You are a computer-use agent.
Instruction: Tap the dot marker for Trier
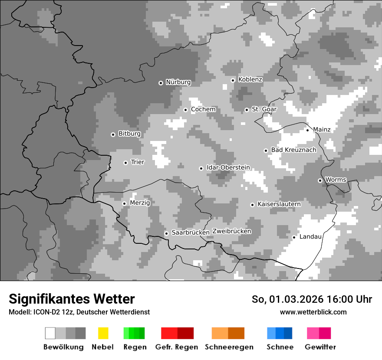[125, 163]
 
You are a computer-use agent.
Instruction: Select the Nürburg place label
[178, 82]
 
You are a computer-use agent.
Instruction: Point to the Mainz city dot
[307, 130]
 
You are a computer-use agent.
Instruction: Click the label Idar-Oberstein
[228, 167]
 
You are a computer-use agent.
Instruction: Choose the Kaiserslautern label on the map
[279, 204]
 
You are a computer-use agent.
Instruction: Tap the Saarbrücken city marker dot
[166, 233]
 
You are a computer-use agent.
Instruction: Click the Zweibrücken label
[231, 231]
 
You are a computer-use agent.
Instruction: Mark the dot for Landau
[294, 237]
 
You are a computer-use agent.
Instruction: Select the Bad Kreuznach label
[293, 150]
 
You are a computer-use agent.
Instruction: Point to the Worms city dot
[320, 180]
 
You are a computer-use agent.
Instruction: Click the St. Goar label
[264, 109]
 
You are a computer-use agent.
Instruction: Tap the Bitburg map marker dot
[113, 134]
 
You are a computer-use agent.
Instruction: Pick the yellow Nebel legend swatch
[103, 333]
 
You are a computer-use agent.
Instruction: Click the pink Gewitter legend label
[320, 347]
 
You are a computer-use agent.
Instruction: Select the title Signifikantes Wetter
[72, 299]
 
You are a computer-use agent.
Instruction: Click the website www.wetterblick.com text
[313, 312]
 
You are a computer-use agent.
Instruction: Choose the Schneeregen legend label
[229, 347]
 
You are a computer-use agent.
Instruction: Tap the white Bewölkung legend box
[50, 333]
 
